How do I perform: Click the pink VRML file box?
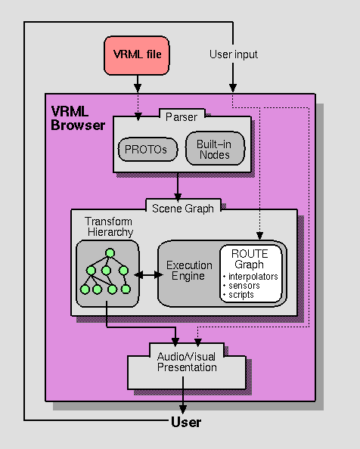pyautogui.click(x=137, y=54)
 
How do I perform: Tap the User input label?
pyautogui.click(x=233, y=54)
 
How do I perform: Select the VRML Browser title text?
pyautogui.click(x=77, y=118)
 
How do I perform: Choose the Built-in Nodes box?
pyautogui.click(x=215, y=149)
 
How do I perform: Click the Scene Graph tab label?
pyautogui.click(x=183, y=208)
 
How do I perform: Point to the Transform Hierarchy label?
pyautogui.click(x=108, y=228)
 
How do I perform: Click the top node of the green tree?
pyautogui.click(x=110, y=252)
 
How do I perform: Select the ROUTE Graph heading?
pyautogui.click(x=249, y=259)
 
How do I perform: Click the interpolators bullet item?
pyautogui.click(x=252, y=277)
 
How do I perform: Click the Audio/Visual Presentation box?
pyautogui.click(x=186, y=362)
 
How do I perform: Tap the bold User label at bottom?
pyautogui.click(x=186, y=423)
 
